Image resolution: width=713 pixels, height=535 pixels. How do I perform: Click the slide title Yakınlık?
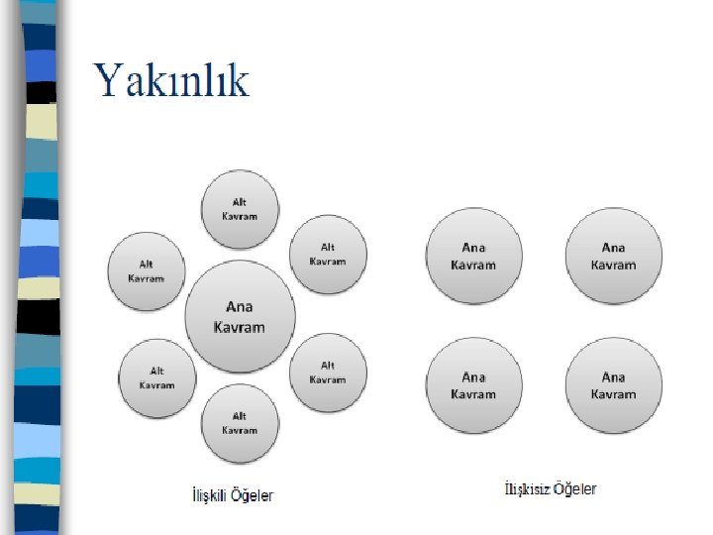click(x=171, y=81)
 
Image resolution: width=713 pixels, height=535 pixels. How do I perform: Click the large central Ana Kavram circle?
click(x=240, y=316)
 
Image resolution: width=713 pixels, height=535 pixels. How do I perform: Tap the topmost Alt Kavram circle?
click(x=240, y=209)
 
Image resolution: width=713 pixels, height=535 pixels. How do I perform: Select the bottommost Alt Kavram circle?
click(x=240, y=423)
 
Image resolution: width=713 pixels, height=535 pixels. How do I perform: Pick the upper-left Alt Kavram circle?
click(x=147, y=270)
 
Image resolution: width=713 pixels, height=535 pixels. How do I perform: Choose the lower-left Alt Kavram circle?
click(x=156, y=377)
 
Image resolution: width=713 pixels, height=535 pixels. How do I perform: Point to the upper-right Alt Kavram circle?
click(x=328, y=254)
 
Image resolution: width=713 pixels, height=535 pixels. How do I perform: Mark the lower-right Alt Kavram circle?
click(x=328, y=372)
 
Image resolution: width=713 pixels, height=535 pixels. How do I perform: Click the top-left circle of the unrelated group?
click(x=473, y=256)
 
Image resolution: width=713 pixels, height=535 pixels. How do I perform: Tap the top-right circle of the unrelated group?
click(x=613, y=256)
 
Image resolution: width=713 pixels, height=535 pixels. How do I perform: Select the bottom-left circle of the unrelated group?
click(x=473, y=384)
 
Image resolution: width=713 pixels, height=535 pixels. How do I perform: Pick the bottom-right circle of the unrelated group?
click(x=613, y=384)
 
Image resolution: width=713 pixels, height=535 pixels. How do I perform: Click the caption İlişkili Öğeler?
click(x=233, y=495)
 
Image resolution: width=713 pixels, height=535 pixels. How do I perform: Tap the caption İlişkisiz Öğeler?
click(x=551, y=489)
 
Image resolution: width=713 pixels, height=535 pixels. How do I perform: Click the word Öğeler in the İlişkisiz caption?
click(x=574, y=489)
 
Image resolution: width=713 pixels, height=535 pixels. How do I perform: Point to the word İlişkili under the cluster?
click(x=211, y=495)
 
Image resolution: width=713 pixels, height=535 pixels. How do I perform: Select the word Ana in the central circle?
click(x=240, y=307)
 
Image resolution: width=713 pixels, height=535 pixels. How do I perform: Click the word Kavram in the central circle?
click(x=240, y=327)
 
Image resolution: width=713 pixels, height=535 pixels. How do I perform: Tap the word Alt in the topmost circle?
click(x=240, y=202)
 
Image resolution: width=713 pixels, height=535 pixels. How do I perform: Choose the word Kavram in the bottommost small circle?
click(x=240, y=430)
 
